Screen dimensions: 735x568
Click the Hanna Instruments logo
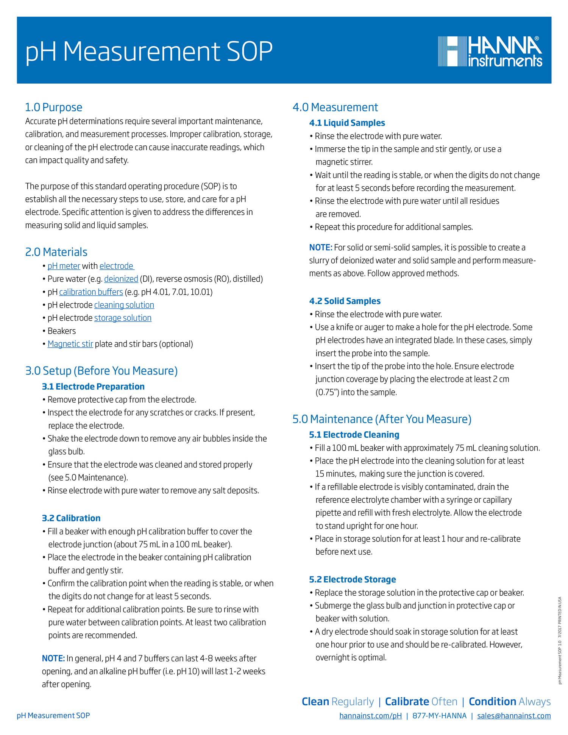[490, 51]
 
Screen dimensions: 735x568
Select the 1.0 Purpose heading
[53, 107]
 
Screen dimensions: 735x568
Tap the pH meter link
[64, 266]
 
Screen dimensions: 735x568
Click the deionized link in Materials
[121, 279]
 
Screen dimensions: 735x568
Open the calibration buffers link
[91, 292]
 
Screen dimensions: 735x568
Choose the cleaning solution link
[124, 305]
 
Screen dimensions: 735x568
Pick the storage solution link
[123, 318]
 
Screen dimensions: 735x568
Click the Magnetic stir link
[70, 344]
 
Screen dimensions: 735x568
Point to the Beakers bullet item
[61, 331]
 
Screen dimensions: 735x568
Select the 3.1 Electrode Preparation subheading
[93, 387]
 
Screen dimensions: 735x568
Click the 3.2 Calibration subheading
[71, 518]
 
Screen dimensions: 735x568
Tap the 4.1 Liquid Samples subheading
[347, 123]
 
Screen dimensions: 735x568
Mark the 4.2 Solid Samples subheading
[345, 301]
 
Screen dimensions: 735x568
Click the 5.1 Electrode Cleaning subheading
[354, 435]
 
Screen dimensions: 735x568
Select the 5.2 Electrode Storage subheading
[352, 579]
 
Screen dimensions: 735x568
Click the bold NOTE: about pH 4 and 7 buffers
[53, 659]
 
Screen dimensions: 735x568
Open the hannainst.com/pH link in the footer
[370, 716]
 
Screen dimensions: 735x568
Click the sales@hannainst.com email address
[513, 716]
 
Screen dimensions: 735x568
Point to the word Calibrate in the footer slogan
[407, 702]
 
